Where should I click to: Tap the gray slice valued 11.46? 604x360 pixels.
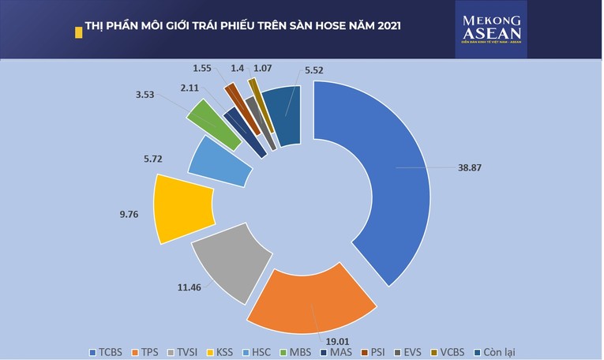[225, 264]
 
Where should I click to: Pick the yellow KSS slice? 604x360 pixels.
[183, 209]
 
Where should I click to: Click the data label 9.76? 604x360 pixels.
[129, 212]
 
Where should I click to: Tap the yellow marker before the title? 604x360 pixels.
[77, 31]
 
